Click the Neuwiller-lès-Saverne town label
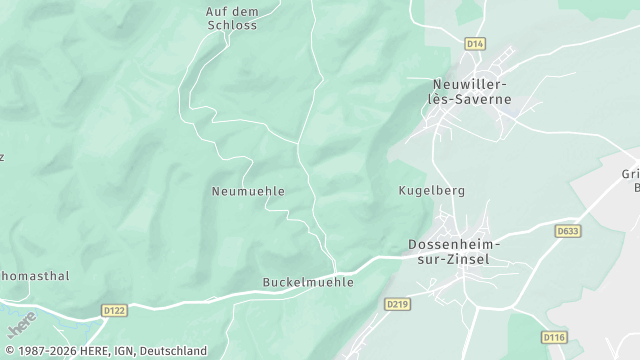click(x=469, y=92)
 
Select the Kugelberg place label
click(x=432, y=190)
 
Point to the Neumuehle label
click(x=249, y=190)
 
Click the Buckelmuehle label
click(x=308, y=282)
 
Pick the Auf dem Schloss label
click(x=231, y=18)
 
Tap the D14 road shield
click(x=475, y=43)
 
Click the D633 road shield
click(x=568, y=231)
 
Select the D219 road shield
click(x=397, y=304)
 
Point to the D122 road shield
click(x=115, y=311)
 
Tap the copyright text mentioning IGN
click(x=104, y=351)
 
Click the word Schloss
click(x=231, y=25)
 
